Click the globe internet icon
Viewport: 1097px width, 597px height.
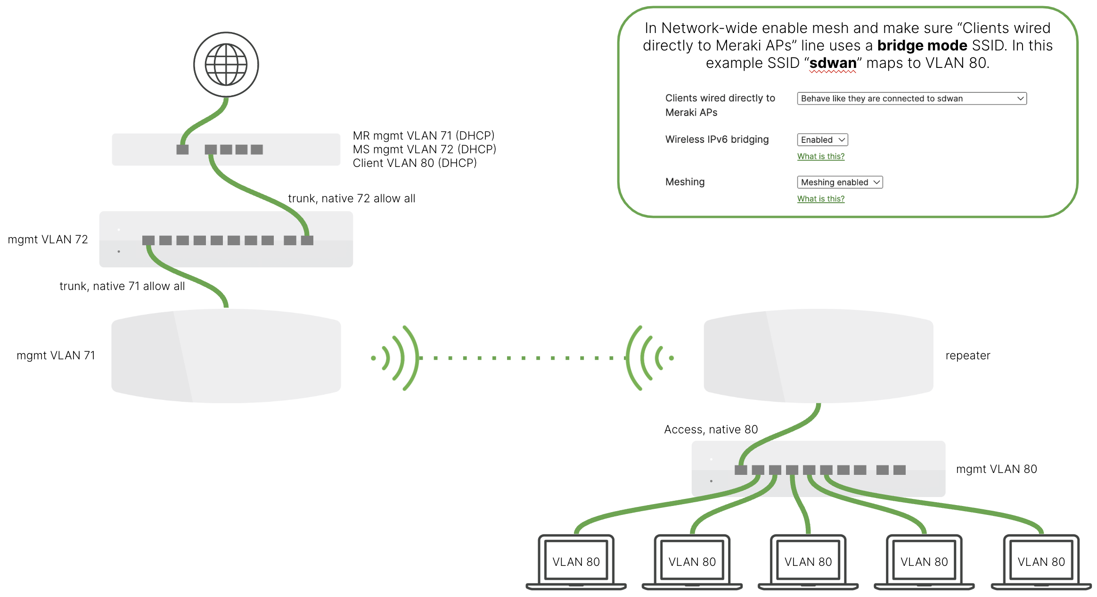[226, 65]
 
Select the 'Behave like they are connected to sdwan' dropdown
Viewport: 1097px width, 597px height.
[911, 99]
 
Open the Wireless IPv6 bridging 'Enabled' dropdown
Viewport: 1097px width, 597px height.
[822, 140]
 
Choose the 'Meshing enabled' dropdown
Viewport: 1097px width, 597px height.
[840, 182]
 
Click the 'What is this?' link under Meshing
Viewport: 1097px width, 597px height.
[820, 199]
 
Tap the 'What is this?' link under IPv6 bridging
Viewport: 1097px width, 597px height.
[820, 157]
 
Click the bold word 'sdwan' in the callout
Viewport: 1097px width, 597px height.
[833, 63]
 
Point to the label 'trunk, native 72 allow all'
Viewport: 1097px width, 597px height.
[352, 199]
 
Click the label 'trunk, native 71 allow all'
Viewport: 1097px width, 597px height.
[122, 286]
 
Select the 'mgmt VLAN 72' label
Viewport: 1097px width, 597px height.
[48, 240]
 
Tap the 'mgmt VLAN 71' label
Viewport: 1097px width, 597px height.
[56, 356]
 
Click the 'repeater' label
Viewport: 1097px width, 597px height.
[967, 356]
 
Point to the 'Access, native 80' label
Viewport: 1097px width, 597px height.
[711, 430]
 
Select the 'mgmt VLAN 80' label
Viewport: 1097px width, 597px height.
[996, 469]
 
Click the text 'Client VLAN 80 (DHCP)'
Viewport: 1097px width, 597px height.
[415, 163]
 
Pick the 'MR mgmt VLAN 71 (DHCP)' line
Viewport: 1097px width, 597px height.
[424, 136]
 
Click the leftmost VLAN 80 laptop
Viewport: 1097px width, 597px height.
[576, 562]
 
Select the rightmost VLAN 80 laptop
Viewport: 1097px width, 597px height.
[1041, 562]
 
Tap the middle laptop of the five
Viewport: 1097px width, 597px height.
[808, 562]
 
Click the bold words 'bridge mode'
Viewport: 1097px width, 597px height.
[922, 46]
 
